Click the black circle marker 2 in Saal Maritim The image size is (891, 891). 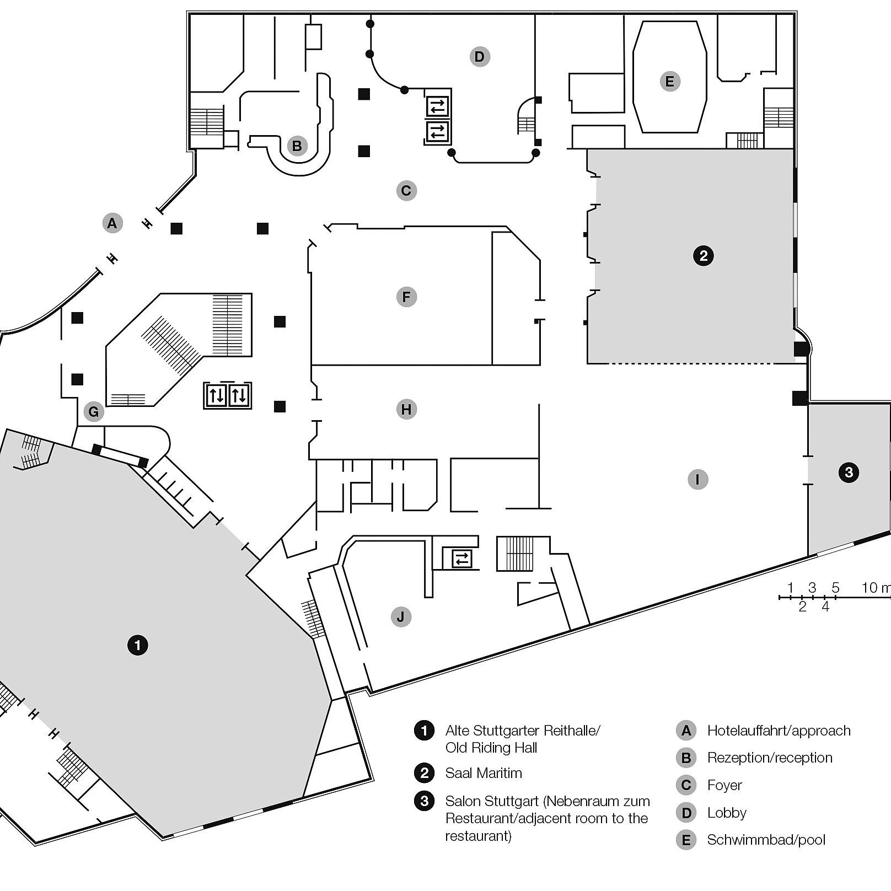coord(703,256)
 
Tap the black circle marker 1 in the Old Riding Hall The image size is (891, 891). coord(138,645)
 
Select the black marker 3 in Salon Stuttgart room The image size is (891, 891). coord(849,473)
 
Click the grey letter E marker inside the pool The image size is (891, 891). coord(670,82)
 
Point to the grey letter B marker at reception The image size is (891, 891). coord(297,146)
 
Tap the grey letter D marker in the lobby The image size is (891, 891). coord(480,56)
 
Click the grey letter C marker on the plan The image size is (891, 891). coord(406,191)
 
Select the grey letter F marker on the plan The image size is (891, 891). coord(406,297)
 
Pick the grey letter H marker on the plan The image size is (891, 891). coord(406,410)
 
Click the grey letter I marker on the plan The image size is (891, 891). coord(697,479)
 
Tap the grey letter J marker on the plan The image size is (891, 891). coord(401,616)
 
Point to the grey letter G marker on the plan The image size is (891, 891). coord(94,412)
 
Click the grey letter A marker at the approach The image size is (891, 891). coord(112,223)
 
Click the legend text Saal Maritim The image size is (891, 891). coord(484,773)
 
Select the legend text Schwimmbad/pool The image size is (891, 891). coord(766,840)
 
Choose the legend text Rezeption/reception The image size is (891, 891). coord(769,758)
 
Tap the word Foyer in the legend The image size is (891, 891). coord(724,785)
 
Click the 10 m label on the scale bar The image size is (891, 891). coord(876,588)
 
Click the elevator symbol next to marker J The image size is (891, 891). coord(461,559)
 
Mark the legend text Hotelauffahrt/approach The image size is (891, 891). coord(779,731)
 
